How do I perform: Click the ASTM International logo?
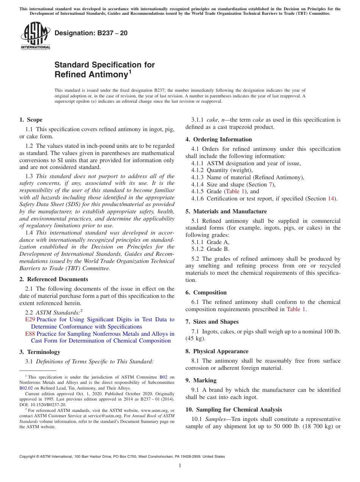coord(35,36)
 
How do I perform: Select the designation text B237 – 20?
coord(91,33)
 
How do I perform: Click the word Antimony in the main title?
coord(91,75)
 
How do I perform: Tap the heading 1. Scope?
coord(31,120)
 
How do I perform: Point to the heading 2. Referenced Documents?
coord(53,279)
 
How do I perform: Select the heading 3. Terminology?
coord(39,352)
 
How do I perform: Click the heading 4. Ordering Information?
coord(219,139)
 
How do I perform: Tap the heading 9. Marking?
coord(201,380)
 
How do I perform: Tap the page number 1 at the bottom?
coord(180,466)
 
